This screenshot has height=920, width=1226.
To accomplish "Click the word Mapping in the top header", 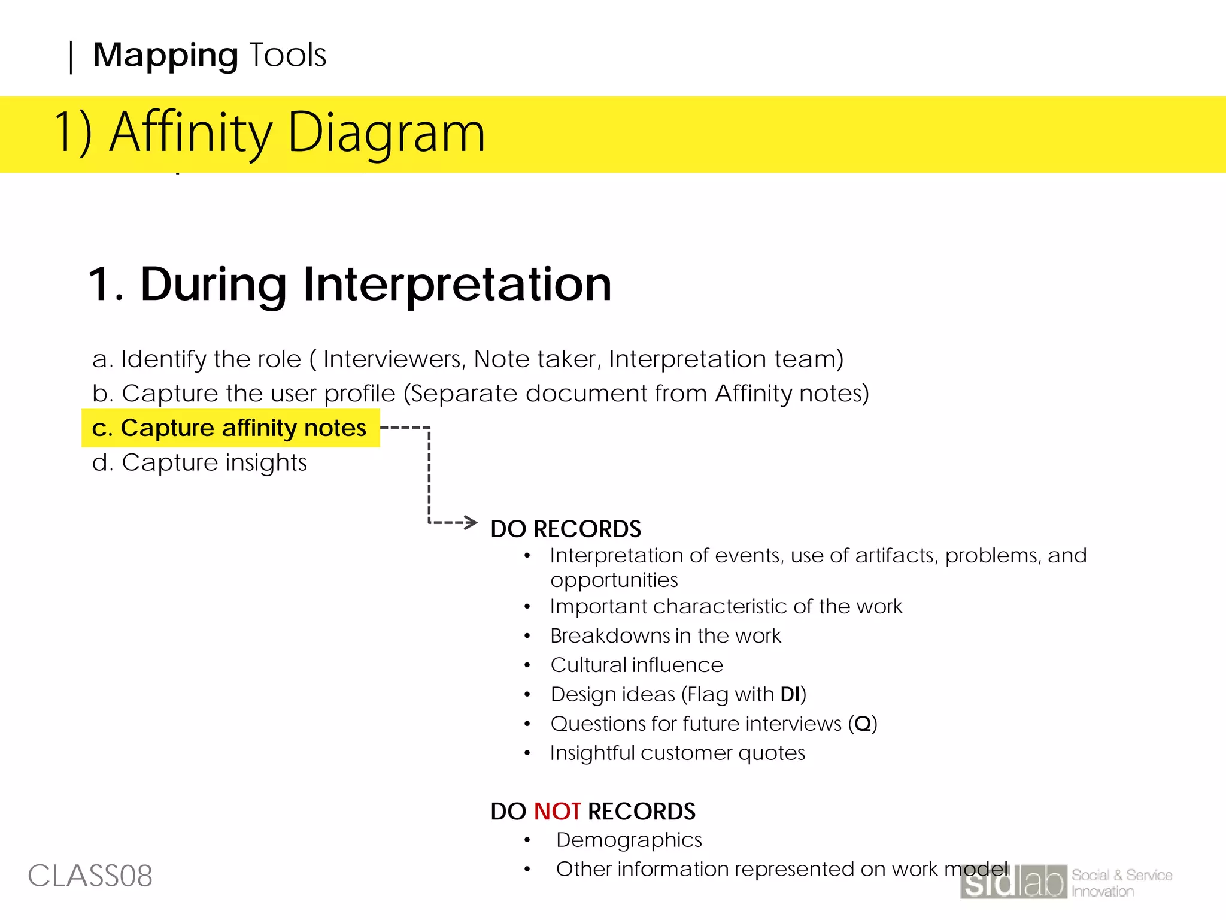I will coord(165,56).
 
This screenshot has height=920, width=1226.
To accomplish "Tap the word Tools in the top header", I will coord(287,56).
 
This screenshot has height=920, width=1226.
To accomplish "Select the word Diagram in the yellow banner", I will coord(386,133).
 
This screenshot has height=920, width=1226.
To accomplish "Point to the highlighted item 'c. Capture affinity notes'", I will coord(230,428).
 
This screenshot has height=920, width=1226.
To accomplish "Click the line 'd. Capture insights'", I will coord(199,462).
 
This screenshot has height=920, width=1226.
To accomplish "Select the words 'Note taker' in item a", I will coord(535,359).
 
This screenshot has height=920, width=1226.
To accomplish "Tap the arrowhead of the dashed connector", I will coord(471,522).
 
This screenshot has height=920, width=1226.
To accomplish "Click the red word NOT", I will coord(557,812).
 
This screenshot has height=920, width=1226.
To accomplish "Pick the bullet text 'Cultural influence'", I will coord(636,665).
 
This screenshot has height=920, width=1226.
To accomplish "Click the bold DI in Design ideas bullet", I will coord(790,694).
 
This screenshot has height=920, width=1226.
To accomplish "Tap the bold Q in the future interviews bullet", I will coord(863,724).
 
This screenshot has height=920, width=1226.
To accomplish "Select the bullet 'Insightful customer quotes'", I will coord(677,753).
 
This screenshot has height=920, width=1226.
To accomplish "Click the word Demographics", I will coord(629,840).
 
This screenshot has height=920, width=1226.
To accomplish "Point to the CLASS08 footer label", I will coord(90,876).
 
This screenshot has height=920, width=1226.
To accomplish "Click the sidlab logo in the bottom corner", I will coord(1013,882).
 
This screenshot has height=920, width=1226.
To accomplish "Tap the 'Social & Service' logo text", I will coord(1121,875).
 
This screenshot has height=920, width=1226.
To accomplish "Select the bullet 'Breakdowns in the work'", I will coord(665,635).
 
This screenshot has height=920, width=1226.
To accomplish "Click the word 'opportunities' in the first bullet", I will coord(614,580).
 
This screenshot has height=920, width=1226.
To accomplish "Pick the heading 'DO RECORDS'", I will coord(565,529).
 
